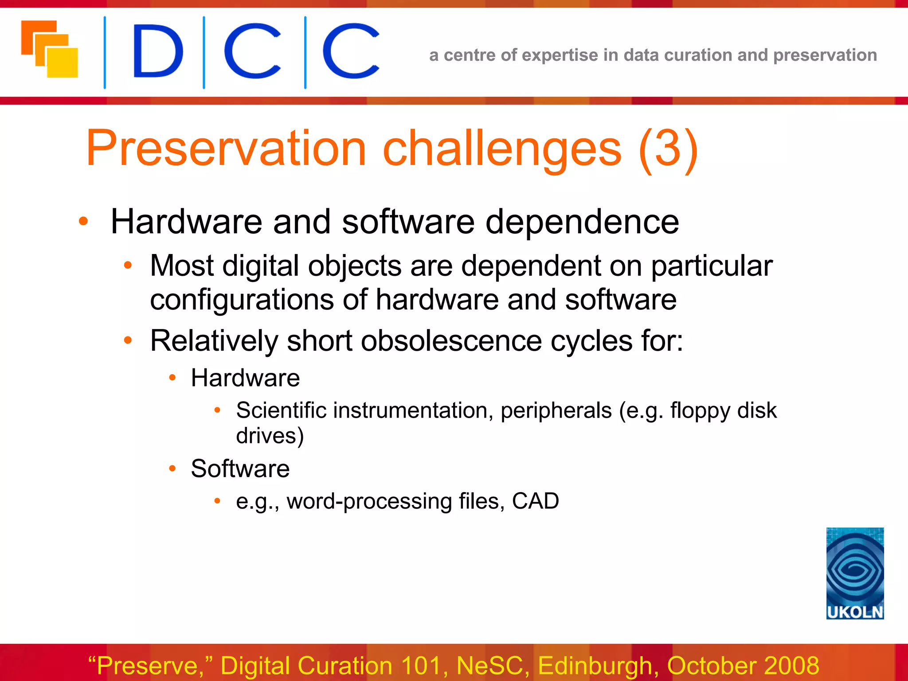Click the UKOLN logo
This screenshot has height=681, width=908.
[855, 573]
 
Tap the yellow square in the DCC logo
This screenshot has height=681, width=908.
[63, 63]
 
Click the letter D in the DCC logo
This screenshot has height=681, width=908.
[158, 51]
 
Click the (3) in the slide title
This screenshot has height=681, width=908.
[669, 148]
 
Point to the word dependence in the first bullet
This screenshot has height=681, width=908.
[582, 222]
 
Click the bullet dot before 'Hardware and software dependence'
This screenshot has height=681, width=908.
[83, 221]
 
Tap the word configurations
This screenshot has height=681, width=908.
[242, 300]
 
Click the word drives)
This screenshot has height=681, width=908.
[270, 436]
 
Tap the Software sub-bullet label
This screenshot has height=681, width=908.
[240, 469]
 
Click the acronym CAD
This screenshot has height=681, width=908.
[535, 501]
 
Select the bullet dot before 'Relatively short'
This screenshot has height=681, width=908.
[128, 340]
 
